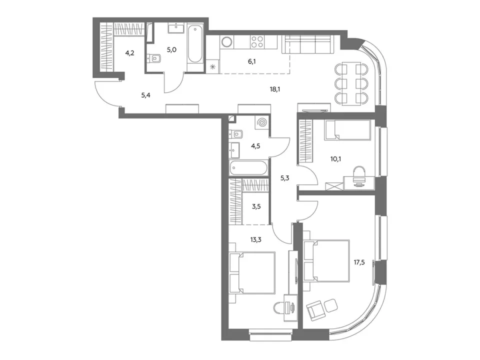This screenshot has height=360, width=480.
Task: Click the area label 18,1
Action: [x=275, y=89]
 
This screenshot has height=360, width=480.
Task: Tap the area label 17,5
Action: [x=359, y=262]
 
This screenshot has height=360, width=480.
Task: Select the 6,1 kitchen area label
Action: [x=252, y=61]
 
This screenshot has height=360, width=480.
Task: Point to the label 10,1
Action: [x=335, y=159]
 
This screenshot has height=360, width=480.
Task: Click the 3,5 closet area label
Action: [x=256, y=206]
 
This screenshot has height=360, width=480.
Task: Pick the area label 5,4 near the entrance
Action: [x=145, y=95]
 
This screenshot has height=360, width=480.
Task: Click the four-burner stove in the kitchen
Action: [x=257, y=42]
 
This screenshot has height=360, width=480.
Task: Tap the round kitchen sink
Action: [x=227, y=42]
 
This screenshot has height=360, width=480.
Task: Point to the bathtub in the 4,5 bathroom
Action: [x=249, y=168]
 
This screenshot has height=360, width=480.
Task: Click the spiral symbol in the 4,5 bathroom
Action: [x=261, y=123]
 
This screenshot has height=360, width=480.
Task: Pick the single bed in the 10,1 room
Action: [x=347, y=130]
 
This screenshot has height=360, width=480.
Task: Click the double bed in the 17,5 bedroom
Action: [x=327, y=261]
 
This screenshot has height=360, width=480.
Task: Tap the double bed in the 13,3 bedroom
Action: [x=253, y=273]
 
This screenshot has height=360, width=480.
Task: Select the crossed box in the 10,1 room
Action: [x=334, y=186]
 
